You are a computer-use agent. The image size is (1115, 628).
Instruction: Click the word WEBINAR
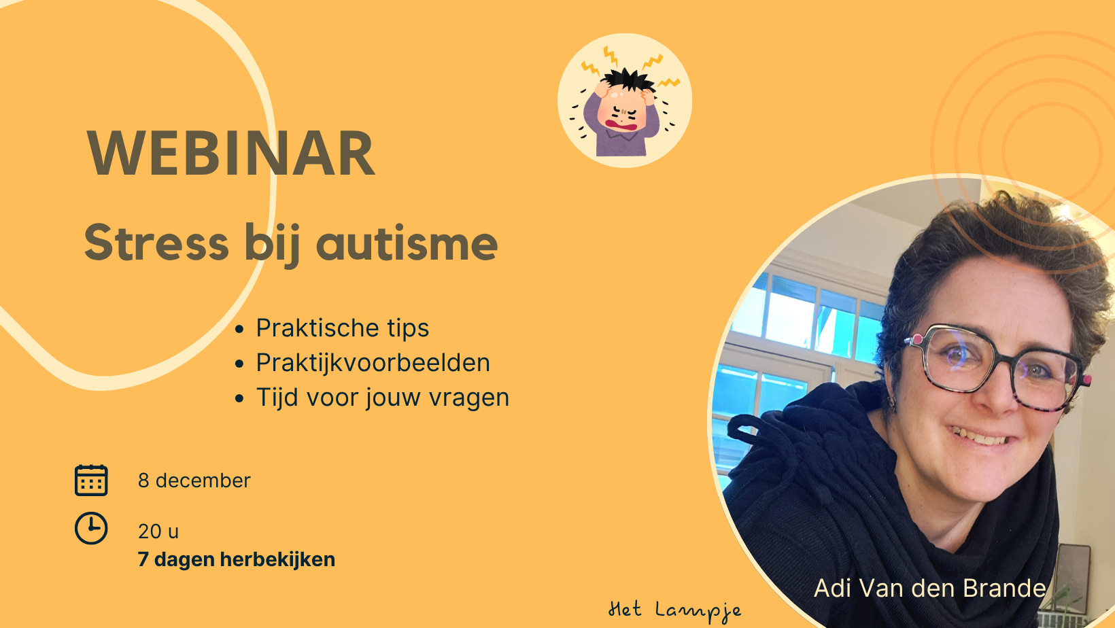pyautogui.click(x=230, y=153)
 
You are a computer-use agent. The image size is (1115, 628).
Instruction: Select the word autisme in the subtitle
pyautogui.click(x=407, y=243)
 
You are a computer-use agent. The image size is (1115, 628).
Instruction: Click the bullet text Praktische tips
pyautogui.click(x=343, y=328)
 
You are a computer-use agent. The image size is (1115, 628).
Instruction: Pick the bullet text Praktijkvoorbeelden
pyautogui.click(x=373, y=362)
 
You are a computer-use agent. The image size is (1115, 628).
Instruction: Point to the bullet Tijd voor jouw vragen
pyautogui.click(x=383, y=398)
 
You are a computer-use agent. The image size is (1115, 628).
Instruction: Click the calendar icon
pyautogui.click(x=91, y=481)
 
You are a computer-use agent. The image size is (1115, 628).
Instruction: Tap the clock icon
pyautogui.click(x=91, y=528)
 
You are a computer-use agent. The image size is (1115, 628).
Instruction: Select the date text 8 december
pyautogui.click(x=194, y=481)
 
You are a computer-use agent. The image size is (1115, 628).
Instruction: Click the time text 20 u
pyautogui.click(x=158, y=531)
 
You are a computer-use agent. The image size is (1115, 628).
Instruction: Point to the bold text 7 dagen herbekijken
pyautogui.click(x=237, y=559)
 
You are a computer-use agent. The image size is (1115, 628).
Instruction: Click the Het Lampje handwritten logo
pyautogui.click(x=674, y=611)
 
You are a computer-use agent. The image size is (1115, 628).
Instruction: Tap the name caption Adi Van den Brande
pyautogui.click(x=930, y=588)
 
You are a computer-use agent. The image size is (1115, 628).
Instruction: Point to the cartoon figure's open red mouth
pyautogui.click(x=621, y=124)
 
